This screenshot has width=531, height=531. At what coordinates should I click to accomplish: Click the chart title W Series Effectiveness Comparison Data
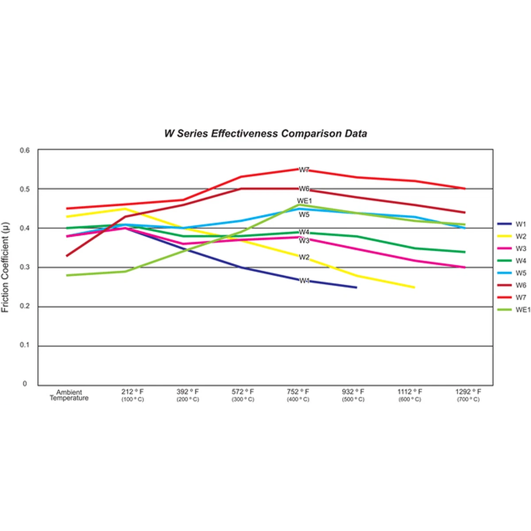pos(265,134)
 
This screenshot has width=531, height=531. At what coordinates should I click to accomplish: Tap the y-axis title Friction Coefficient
pos(5,267)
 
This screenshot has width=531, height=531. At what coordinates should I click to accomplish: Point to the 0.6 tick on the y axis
pos(25,150)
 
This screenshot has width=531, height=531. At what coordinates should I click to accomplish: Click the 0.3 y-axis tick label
pos(25,267)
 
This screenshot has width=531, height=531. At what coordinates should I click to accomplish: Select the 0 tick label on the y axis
pos(25,384)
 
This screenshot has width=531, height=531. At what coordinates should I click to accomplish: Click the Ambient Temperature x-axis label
pos(69,395)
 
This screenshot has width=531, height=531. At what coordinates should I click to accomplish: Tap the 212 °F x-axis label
pos(132,392)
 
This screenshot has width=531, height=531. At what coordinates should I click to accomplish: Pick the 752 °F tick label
pos(298,392)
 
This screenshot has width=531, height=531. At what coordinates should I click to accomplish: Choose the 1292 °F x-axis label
pos(468,392)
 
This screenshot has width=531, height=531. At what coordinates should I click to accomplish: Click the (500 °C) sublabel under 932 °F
pos(353,400)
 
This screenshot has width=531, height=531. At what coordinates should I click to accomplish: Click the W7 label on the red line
pos(304,170)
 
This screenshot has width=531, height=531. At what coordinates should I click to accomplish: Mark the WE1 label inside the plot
pos(304,201)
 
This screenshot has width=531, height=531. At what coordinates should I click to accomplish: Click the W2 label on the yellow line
pos(304,257)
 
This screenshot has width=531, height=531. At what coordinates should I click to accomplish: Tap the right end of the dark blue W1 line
pos(356,288)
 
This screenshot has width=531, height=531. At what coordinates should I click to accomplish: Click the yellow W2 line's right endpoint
pos(414,288)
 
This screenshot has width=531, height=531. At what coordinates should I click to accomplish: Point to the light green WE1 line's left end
pos(67,275)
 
